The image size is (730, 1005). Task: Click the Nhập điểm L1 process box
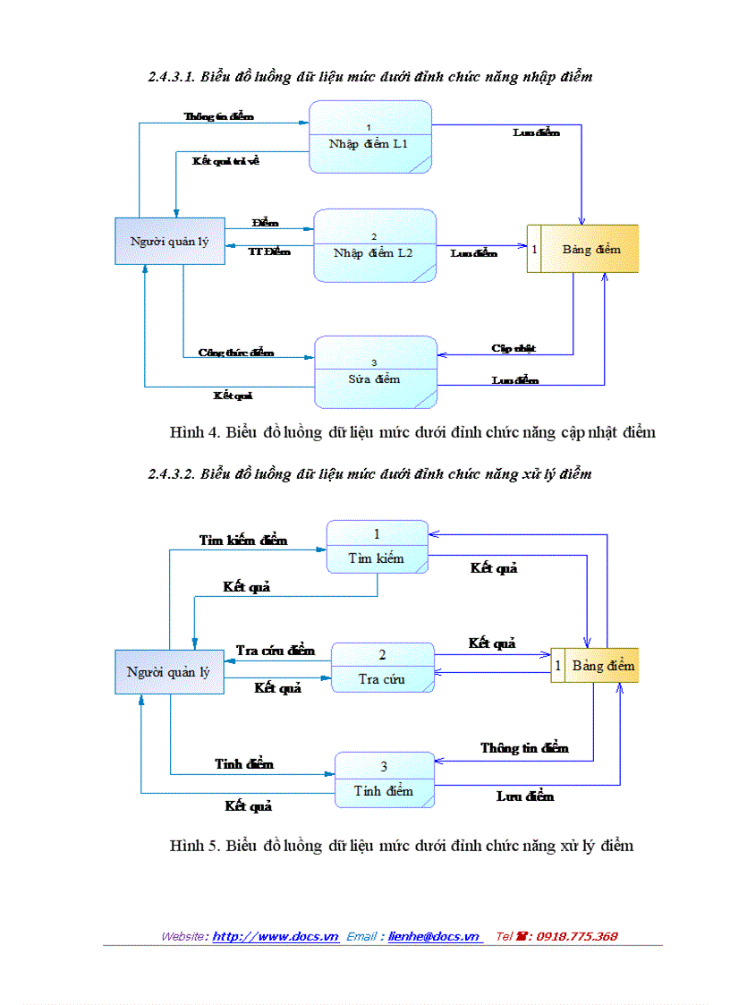click(370, 137)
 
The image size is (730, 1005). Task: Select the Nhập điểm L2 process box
click(374, 245)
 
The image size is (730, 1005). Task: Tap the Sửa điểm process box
click(375, 372)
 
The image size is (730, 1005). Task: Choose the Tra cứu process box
click(382, 668)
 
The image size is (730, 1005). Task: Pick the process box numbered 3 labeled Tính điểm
click(384, 779)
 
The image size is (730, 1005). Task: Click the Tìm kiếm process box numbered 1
click(377, 546)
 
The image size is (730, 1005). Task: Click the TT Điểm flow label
click(269, 252)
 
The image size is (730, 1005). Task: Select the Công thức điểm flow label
click(236, 353)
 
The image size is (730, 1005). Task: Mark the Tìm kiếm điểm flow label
click(243, 541)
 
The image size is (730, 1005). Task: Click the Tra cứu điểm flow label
click(276, 650)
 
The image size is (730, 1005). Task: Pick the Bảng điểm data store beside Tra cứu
click(594, 666)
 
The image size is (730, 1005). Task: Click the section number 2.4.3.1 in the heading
click(172, 77)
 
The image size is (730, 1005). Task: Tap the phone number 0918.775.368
click(576, 936)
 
